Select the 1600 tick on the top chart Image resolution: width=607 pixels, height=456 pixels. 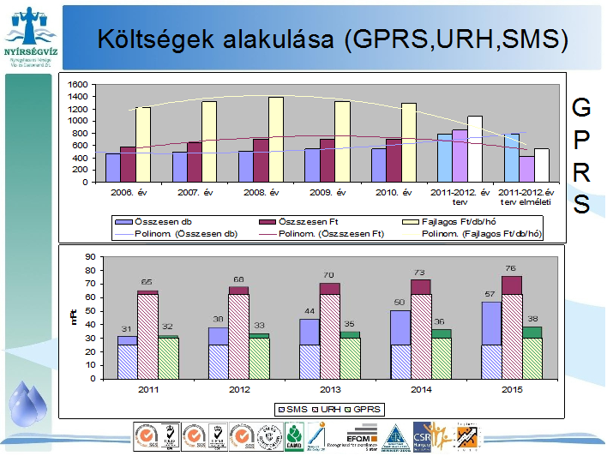(x=78, y=85)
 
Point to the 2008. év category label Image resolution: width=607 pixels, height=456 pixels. (x=263, y=193)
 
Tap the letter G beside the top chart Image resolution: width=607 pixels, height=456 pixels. (x=580, y=108)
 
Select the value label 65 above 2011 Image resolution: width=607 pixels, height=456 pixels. (x=147, y=281)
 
